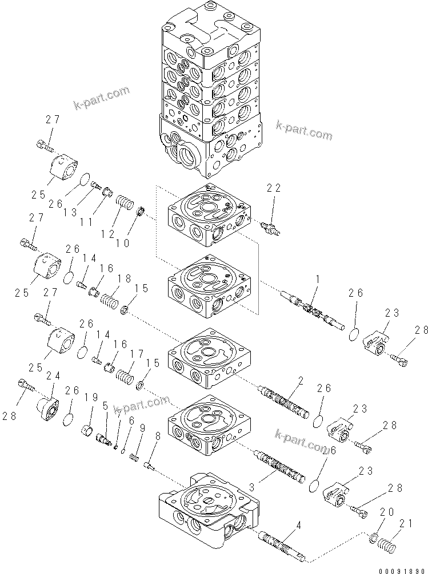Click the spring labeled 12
point(124,203)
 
